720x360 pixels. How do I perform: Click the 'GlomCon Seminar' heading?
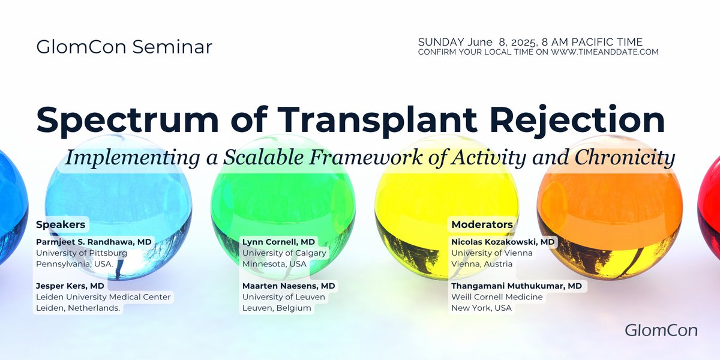pyautogui.click(x=124, y=47)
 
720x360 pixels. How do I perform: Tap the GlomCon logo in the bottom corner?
pyautogui.click(x=661, y=331)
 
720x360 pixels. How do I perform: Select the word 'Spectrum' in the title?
pyautogui.click(x=128, y=120)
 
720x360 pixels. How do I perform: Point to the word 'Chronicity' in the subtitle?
pyautogui.click(x=625, y=158)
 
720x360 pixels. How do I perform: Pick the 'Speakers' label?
pyautogui.click(x=61, y=224)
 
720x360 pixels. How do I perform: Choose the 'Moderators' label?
pyautogui.click(x=482, y=224)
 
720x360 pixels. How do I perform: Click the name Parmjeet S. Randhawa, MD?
pyautogui.click(x=94, y=242)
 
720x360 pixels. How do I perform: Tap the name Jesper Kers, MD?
pyautogui.click(x=70, y=286)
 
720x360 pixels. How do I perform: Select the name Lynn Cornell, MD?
pyautogui.click(x=278, y=242)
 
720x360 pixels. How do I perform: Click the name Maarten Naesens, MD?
pyautogui.click(x=289, y=286)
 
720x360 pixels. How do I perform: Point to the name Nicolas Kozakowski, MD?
pyautogui.click(x=503, y=242)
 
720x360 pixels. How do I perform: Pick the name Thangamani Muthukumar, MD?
pyautogui.click(x=517, y=286)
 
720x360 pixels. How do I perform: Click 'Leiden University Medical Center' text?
pyautogui.click(x=103, y=297)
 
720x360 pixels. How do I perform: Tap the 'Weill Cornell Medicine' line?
pyautogui.click(x=497, y=297)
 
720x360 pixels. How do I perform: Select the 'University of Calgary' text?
pyautogui.click(x=284, y=253)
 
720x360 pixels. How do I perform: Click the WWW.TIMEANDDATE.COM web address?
pyautogui.click(x=605, y=52)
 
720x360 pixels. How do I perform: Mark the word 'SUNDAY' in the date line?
pyautogui.click(x=441, y=42)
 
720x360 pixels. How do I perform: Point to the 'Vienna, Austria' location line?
pyautogui.click(x=482, y=264)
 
